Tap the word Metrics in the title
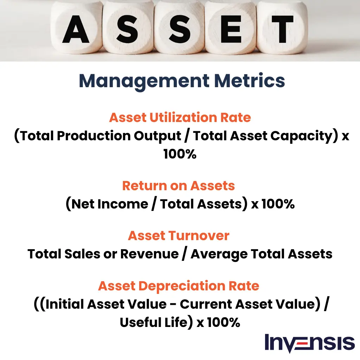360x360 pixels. coord(250,81)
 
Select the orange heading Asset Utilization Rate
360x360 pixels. coord(180,117)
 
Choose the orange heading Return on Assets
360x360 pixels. coord(179,186)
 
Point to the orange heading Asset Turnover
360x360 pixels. coord(179,236)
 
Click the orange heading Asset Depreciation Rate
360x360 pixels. coord(179,286)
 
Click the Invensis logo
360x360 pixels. coord(309,343)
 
